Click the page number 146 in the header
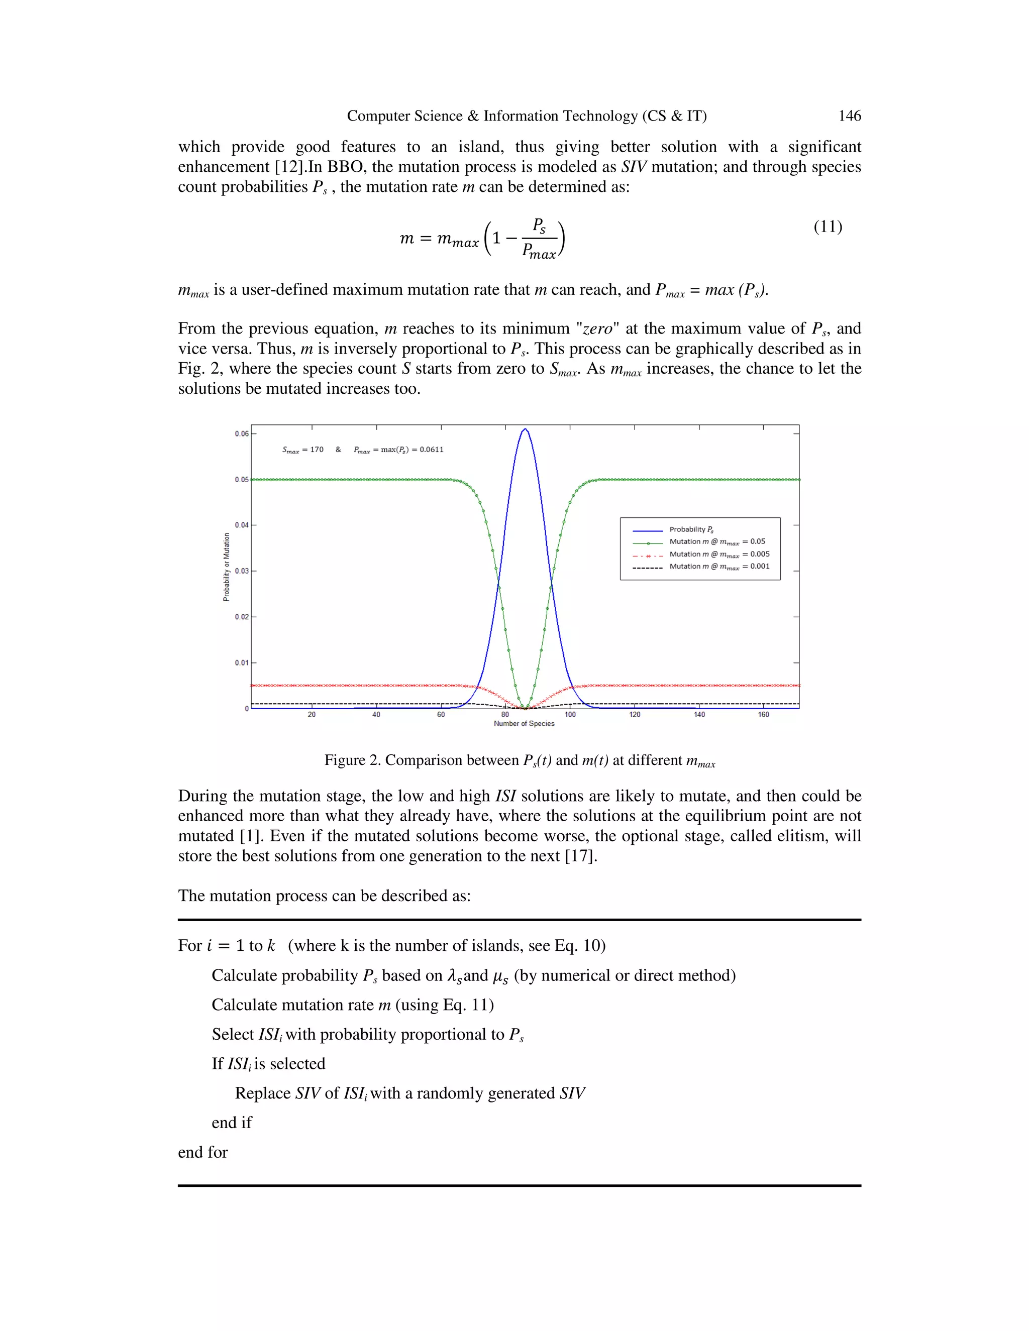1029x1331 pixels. click(849, 116)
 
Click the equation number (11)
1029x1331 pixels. click(827, 227)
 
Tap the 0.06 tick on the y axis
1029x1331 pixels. click(241, 434)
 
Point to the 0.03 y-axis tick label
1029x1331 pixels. click(241, 571)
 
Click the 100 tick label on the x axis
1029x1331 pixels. click(569, 714)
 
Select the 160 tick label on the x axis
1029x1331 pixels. click(763, 714)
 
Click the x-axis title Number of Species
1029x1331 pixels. click(524, 724)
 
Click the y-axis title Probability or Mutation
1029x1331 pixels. click(227, 567)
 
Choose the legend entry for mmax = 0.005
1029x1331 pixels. click(719, 554)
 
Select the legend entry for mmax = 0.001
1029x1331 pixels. click(719, 567)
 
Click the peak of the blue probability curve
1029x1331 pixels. click(525, 429)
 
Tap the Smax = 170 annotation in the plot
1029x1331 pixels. click(303, 450)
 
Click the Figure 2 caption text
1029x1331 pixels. click(520, 760)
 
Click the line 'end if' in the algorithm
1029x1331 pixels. click(232, 1123)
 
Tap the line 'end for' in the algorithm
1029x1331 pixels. click(203, 1152)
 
